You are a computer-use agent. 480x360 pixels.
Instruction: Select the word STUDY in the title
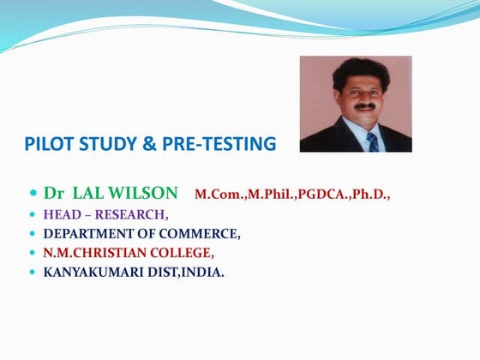tap(102, 144)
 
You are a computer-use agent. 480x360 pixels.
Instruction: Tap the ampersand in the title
tap(147, 144)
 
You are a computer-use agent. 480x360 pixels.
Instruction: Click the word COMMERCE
tap(203, 233)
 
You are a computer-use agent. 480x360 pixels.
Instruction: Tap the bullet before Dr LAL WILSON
tap(33, 193)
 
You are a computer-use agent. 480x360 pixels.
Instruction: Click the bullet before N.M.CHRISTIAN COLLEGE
tap(33, 253)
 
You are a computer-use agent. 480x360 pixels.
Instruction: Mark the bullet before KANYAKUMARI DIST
tap(33, 273)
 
